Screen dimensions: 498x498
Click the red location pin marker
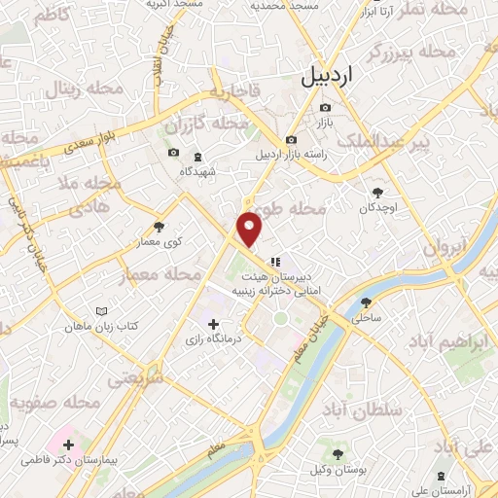(250, 229)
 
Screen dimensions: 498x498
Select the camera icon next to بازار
(325, 107)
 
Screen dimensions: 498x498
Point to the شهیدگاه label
(197, 171)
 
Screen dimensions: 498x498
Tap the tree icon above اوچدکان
(378, 191)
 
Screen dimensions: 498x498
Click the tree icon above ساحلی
(367, 302)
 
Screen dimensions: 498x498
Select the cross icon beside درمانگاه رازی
(213, 323)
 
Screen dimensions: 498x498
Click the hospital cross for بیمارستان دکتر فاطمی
(67, 445)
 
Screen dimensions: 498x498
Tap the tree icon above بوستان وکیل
(338, 454)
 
